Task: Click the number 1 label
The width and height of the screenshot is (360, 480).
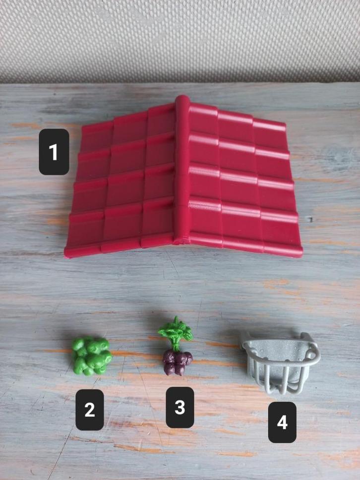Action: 54,152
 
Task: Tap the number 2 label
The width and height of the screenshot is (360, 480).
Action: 90,410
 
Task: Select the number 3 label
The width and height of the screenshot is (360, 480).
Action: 180,408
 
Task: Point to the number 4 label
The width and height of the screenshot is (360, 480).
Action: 282,422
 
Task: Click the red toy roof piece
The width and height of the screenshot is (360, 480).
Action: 183,178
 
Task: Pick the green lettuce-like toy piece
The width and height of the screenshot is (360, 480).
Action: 92,356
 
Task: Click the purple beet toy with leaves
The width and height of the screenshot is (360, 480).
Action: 177,347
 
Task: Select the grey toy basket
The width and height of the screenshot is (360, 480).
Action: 280,361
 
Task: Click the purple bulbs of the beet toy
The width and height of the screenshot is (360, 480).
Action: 178,363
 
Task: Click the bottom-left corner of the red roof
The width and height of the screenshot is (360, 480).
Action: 65,256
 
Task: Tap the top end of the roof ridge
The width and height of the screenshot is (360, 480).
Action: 182,96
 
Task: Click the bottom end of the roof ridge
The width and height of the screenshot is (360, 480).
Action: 180,243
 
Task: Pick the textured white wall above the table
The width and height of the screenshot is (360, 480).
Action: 180,40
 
